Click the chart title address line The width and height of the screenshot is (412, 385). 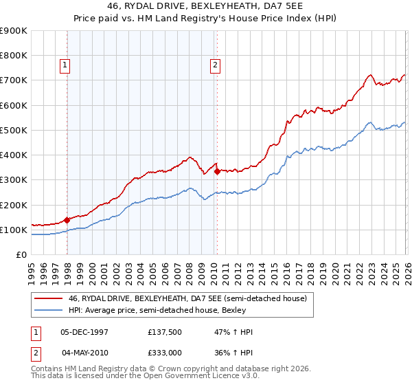206,8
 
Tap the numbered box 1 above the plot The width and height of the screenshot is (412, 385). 65,65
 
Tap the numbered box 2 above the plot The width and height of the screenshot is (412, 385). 215,65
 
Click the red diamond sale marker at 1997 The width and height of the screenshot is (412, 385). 67,221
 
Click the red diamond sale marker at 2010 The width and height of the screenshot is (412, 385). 217,172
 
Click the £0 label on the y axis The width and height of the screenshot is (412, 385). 21,255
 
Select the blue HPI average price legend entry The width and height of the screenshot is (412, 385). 172,310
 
